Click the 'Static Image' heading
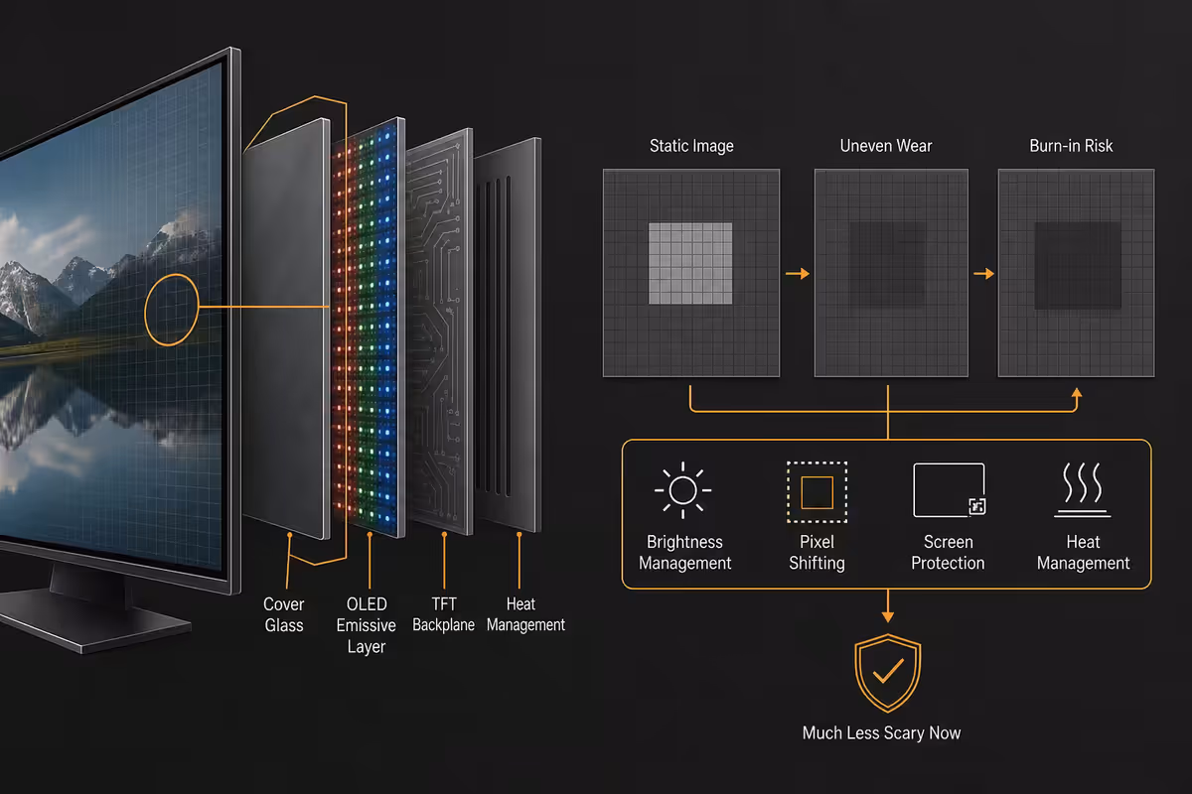click(x=691, y=146)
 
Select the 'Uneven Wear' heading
click(x=886, y=146)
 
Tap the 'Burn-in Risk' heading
click(x=1071, y=146)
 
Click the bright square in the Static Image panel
click(x=690, y=263)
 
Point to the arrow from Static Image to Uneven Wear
click(x=797, y=273)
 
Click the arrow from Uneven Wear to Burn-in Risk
click(x=984, y=273)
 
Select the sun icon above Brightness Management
click(x=682, y=490)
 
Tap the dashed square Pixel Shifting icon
click(x=817, y=492)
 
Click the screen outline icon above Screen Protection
click(x=949, y=490)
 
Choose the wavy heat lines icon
click(x=1083, y=490)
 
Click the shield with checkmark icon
click(x=887, y=673)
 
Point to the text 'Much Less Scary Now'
click(x=881, y=732)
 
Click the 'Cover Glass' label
click(x=284, y=614)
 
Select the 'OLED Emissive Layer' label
click(x=367, y=625)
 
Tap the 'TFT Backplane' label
click(x=443, y=614)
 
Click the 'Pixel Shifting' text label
click(x=817, y=553)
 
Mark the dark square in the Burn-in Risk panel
click(x=1078, y=265)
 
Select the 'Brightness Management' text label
click(x=684, y=553)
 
